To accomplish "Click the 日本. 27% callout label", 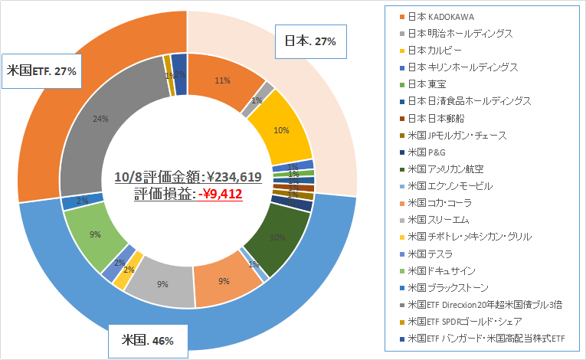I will coord(310,41).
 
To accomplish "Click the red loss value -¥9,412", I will coord(221,195).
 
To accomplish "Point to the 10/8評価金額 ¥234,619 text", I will coord(188,177).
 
